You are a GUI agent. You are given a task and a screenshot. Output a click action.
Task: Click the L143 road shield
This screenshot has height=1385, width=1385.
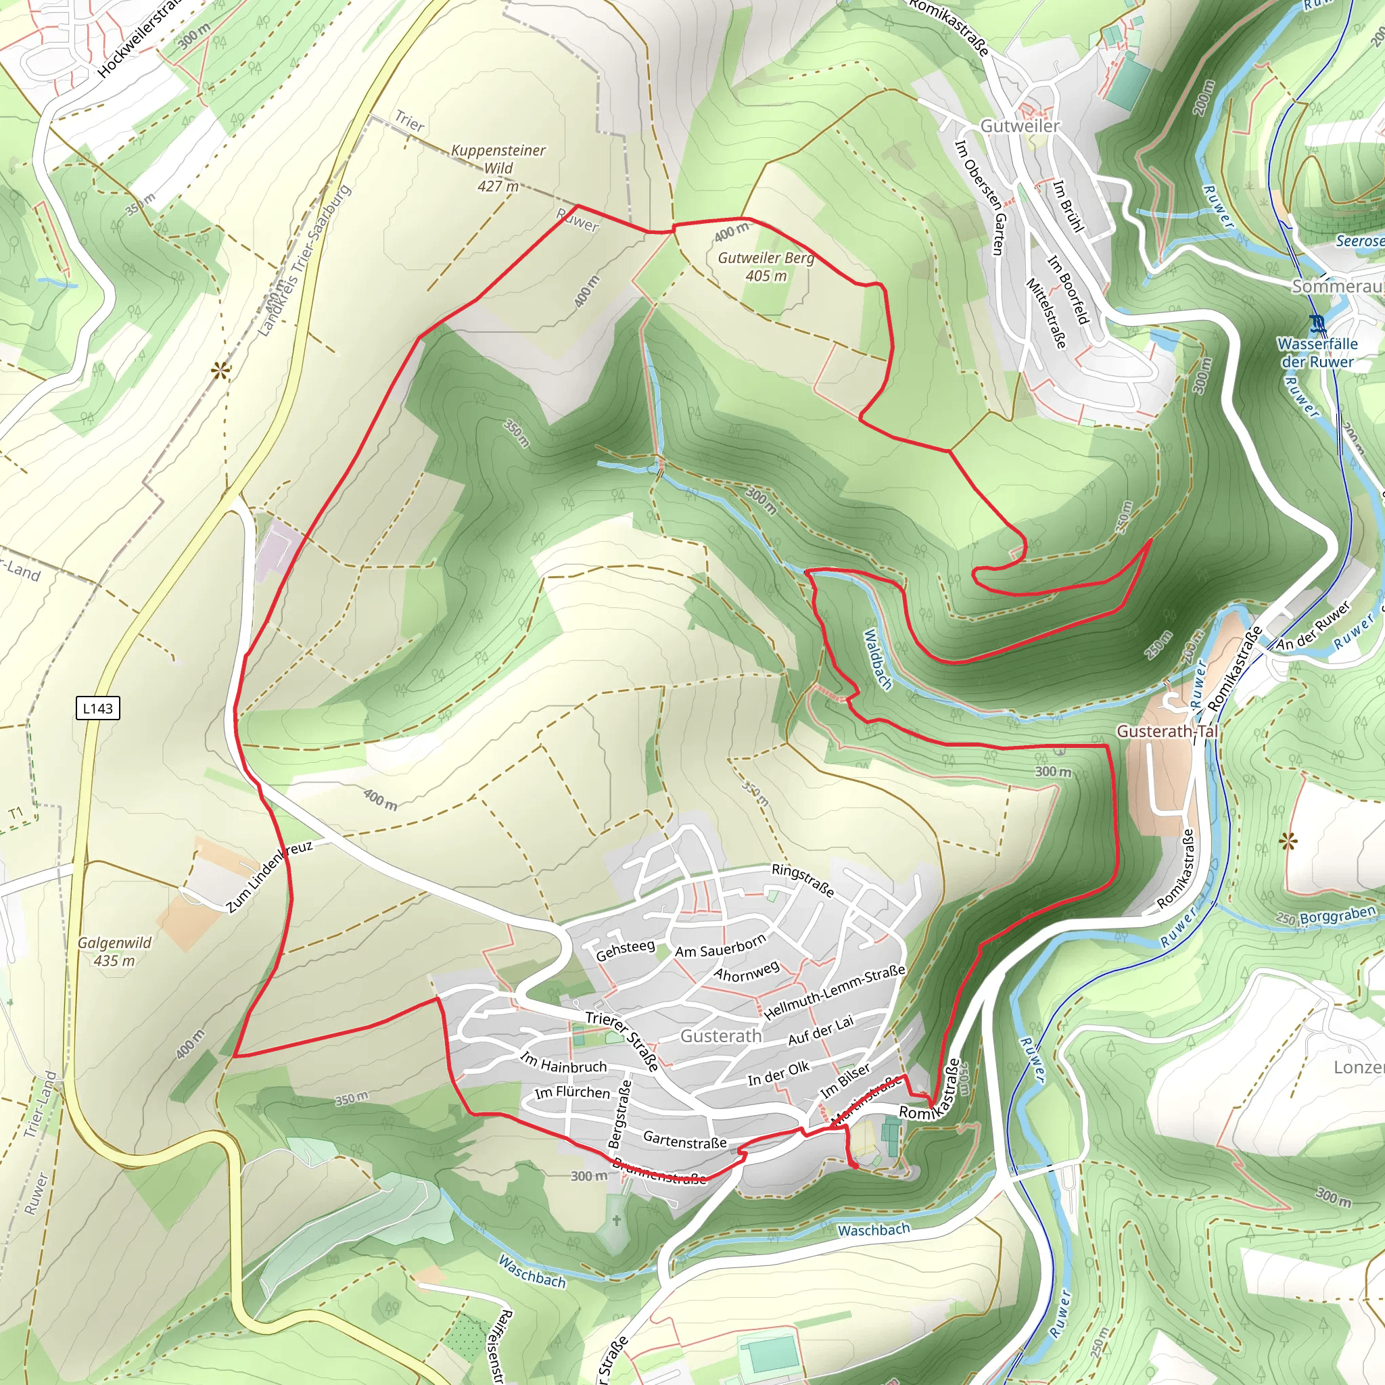click(x=97, y=708)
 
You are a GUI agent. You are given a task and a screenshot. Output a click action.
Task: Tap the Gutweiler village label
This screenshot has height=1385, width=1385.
click(x=1019, y=126)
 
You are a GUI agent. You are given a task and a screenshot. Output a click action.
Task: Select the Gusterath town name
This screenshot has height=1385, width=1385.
click(x=720, y=1036)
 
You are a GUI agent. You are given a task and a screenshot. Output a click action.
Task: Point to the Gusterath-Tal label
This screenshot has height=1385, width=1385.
click(x=1167, y=731)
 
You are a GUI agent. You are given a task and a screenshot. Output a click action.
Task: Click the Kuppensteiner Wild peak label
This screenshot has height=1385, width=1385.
click(x=498, y=168)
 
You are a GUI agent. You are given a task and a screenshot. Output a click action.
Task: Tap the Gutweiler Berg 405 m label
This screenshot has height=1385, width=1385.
click(x=766, y=266)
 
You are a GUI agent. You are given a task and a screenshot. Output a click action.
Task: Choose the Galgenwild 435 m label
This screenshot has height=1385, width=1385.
click(x=115, y=952)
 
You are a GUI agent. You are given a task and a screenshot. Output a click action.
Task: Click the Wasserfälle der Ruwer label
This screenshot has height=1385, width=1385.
click(x=1317, y=353)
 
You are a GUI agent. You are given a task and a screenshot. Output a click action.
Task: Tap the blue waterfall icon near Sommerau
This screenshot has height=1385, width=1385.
click(x=1317, y=325)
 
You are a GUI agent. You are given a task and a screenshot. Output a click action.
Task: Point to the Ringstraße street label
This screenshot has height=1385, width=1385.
click(x=803, y=881)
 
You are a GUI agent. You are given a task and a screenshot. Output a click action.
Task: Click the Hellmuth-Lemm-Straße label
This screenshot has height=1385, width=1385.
click(x=835, y=993)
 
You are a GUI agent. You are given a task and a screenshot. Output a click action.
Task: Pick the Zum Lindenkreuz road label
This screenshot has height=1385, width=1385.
click(x=270, y=876)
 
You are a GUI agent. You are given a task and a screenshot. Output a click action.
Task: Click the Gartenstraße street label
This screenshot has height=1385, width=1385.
click(x=684, y=1140)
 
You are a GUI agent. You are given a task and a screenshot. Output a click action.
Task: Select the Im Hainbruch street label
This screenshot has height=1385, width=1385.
click(x=563, y=1062)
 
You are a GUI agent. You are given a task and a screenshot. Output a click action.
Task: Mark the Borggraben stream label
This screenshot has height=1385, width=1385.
click(x=1337, y=916)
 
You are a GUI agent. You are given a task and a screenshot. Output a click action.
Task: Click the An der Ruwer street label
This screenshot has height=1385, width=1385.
click(x=1313, y=626)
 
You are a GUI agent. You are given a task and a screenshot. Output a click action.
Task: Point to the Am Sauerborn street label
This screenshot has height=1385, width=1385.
click(x=720, y=946)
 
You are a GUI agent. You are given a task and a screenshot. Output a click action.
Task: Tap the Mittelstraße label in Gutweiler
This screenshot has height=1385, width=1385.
click(x=1046, y=313)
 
